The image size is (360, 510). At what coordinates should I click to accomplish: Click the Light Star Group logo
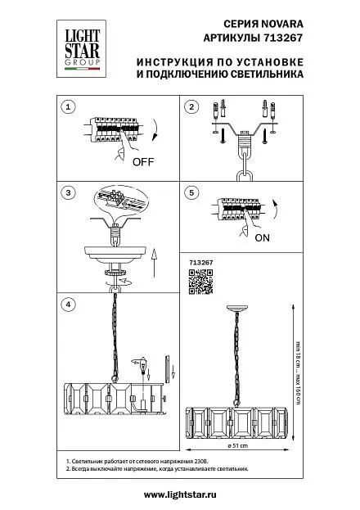pyautogui.click(x=81, y=49)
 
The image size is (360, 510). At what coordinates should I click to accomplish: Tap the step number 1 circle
pyautogui.click(x=68, y=106)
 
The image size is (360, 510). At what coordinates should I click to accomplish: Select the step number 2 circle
pyautogui.click(x=191, y=106)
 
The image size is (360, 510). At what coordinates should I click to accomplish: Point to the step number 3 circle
pyautogui.click(x=68, y=192)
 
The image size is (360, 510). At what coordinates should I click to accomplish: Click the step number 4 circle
pyautogui.click(x=68, y=305)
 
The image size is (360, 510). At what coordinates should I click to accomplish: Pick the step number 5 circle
pyautogui.click(x=191, y=192)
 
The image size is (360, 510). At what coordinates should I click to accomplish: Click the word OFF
pyautogui.click(x=143, y=161)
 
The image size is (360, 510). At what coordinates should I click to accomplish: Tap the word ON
pyautogui.click(x=262, y=237)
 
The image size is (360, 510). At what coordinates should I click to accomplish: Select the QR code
pyautogui.click(x=201, y=282)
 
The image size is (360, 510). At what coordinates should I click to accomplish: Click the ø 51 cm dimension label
pyautogui.click(x=238, y=445)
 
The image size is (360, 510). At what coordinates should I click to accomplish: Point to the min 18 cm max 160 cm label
pyautogui.click(x=298, y=372)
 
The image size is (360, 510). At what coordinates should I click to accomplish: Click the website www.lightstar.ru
pyautogui.click(x=180, y=494)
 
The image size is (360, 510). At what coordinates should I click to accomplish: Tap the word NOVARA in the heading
pyautogui.click(x=282, y=24)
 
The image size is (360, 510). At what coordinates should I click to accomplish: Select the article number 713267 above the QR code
pyautogui.click(x=201, y=263)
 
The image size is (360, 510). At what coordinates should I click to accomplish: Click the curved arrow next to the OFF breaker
pyautogui.click(x=155, y=130)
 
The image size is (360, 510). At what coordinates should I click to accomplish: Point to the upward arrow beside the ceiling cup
pyautogui.click(x=154, y=263)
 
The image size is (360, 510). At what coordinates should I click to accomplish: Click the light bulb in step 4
pyautogui.click(x=142, y=366)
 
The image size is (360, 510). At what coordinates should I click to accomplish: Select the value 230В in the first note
pyautogui.click(x=202, y=461)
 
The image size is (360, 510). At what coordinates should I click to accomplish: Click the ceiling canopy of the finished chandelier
pyautogui.click(x=238, y=309)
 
